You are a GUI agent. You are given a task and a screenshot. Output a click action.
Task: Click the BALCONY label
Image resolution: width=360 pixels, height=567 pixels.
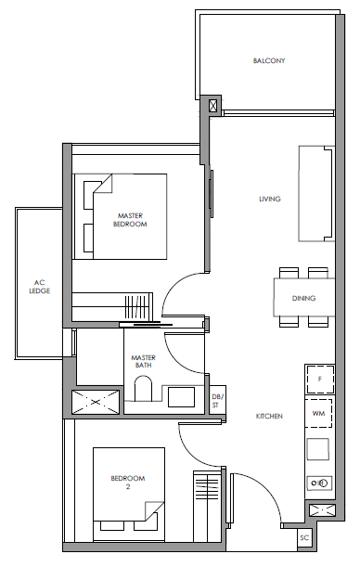pyautogui.click(x=269, y=60)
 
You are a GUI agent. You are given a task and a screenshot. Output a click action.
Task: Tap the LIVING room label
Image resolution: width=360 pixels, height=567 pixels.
pyautogui.click(x=270, y=199)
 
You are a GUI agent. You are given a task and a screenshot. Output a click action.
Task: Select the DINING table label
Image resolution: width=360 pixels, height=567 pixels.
pyautogui.click(x=303, y=298)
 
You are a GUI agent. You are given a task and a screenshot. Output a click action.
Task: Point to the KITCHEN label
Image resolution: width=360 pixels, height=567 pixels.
pyautogui.click(x=269, y=417)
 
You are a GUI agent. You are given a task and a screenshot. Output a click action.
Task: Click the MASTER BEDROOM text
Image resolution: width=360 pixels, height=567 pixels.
pyautogui.click(x=130, y=220)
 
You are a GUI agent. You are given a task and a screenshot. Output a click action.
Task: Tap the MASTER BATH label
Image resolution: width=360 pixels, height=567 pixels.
pyautogui.click(x=143, y=361)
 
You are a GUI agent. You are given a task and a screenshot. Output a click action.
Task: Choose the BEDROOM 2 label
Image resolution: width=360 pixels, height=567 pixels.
pyautogui.click(x=128, y=483)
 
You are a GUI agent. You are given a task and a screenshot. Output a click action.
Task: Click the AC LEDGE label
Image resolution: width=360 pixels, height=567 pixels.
pyautogui.click(x=39, y=287)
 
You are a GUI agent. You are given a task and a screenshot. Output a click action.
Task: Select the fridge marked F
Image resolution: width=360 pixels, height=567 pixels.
pyautogui.click(x=319, y=380)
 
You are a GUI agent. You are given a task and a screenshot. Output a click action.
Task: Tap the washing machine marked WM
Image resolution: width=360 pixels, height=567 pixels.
pyautogui.click(x=318, y=413)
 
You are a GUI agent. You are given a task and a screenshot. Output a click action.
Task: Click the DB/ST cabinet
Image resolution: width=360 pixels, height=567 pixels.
pyautogui.click(x=218, y=400)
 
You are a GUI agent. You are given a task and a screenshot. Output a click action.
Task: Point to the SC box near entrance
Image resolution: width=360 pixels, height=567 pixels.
pyautogui.click(x=304, y=537)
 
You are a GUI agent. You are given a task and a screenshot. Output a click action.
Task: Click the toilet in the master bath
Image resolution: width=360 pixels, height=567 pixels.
pyautogui.click(x=143, y=389)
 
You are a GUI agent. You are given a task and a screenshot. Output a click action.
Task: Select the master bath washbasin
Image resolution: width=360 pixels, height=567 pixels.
pyautogui.click(x=181, y=396)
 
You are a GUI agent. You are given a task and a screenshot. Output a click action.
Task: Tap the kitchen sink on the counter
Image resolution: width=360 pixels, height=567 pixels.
pyautogui.click(x=317, y=449)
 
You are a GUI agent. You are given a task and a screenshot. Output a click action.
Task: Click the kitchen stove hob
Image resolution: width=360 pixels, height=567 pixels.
pyautogui.click(x=319, y=483)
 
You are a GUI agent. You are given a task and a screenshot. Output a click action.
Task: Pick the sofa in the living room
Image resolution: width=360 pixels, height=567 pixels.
pyautogui.click(x=316, y=193)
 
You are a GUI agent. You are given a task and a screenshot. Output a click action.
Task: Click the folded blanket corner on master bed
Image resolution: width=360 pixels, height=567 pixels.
pyautogui.click(x=103, y=184)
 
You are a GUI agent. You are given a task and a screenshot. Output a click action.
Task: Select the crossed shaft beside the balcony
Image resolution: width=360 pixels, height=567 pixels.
pyautogui.click(x=213, y=106)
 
